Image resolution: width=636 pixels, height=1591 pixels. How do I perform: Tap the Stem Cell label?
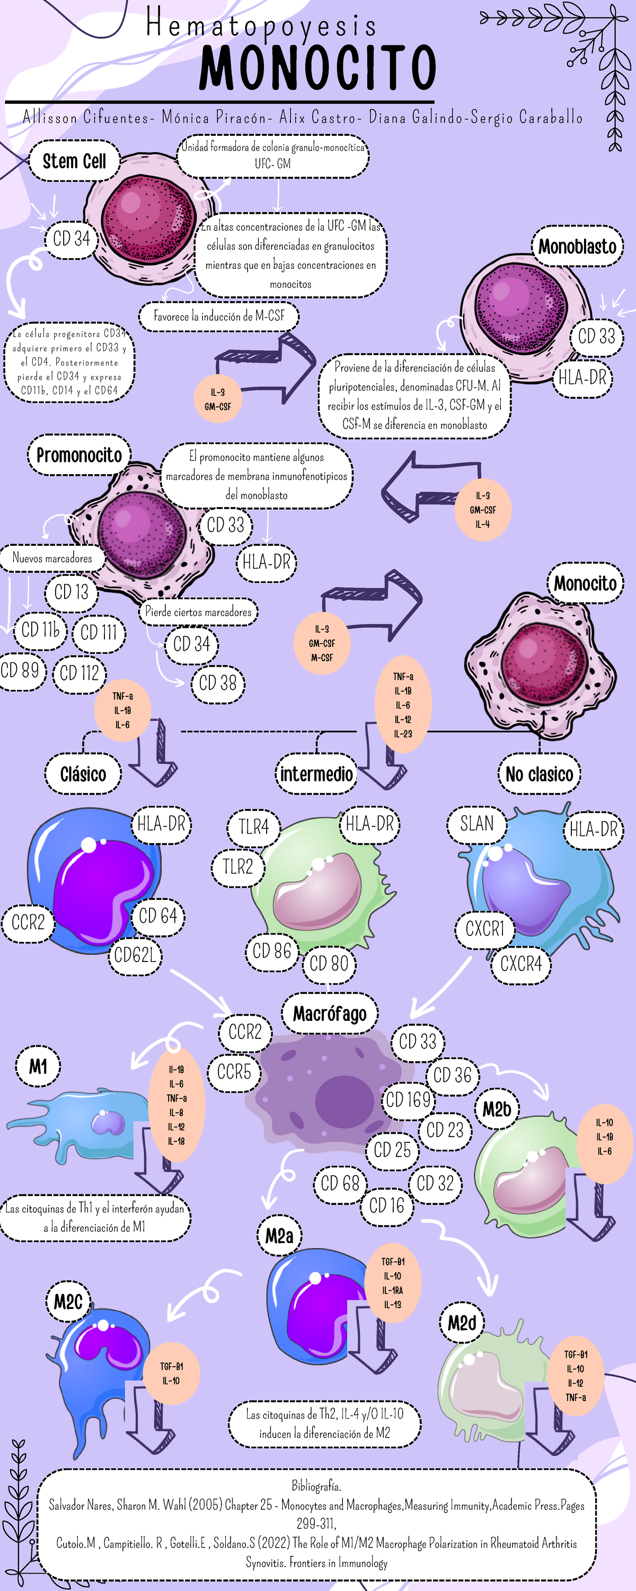pyautogui.click(x=74, y=161)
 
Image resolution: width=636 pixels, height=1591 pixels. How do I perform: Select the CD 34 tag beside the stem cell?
pyautogui.click(x=71, y=239)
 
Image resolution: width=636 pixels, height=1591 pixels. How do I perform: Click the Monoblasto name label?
pyautogui.click(x=577, y=247)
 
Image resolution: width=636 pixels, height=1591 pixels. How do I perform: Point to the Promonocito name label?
pyautogui.click(x=79, y=455)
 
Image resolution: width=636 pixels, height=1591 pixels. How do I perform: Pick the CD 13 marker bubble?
pyautogui.click(x=71, y=592)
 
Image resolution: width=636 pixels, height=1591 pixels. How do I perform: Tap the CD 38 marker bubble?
pyautogui.click(x=217, y=683)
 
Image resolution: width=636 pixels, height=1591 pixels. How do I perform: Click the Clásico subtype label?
pyautogui.click(x=83, y=774)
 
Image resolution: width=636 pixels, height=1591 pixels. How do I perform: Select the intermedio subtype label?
pyautogui.click(x=316, y=774)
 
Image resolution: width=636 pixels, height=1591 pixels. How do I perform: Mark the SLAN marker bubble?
pyautogui.click(x=476, y=823)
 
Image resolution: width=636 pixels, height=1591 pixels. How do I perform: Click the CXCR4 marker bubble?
pyautogui.click(x=520, y=964)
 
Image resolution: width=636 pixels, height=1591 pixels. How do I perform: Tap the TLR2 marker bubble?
pyautogui.click(x=238, y=867)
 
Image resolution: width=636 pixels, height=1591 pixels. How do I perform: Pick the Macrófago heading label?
pyautogui.click(x=330, y=1013)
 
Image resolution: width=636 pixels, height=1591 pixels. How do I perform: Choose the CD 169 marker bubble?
pyautogui.click(x=408, y=1099)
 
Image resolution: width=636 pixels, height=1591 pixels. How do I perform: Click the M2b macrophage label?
pyautogui.click(x=497, y=1109)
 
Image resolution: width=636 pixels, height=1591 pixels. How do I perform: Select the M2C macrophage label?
pyautogui.click(x=68, y=1302)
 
